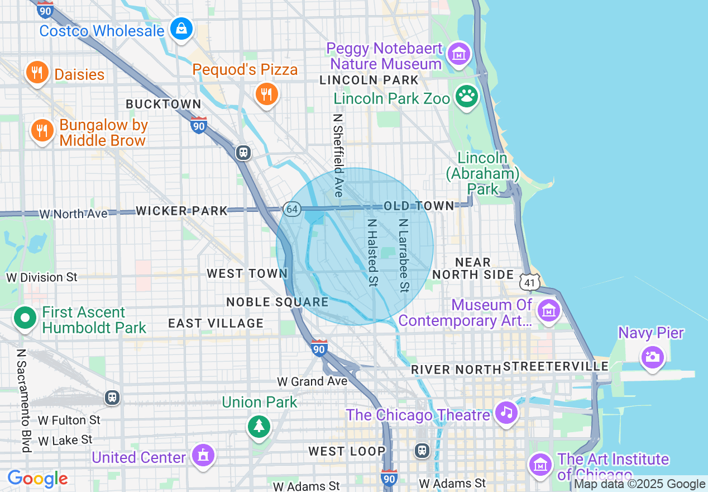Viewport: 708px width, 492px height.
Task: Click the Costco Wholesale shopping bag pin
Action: point(181,29)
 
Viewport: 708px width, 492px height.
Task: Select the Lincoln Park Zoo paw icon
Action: point(467,97)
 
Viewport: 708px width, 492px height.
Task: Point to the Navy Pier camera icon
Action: point(652,356)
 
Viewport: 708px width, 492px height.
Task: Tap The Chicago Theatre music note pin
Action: point(506,413)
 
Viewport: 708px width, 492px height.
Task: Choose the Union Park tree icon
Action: point(259,427)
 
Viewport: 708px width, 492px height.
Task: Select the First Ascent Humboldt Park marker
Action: point(25,319)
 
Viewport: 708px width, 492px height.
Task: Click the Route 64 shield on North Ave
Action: point(291,209)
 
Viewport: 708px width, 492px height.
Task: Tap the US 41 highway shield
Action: point(529,282)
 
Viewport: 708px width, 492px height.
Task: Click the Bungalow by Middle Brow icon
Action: point(42,131)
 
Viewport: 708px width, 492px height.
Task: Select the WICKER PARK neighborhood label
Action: point(182,211)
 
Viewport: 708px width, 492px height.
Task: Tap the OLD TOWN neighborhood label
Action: point(419,206)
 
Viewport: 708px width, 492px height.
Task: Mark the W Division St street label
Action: point(42,277)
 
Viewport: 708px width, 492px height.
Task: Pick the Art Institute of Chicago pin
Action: point(540,464)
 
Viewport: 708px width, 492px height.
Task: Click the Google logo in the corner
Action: point(37,479)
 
